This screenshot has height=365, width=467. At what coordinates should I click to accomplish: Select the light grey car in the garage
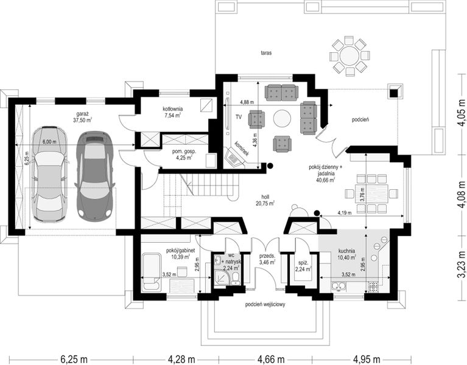point(50,175)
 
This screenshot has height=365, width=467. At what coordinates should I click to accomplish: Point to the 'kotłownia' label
point(173,109)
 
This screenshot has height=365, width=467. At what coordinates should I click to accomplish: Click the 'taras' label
point(266,54)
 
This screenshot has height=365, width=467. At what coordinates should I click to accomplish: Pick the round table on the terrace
point(349,56)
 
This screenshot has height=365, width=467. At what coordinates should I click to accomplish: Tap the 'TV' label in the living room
point(239,117)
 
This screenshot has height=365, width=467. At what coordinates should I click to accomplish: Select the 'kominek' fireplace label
point(241,148)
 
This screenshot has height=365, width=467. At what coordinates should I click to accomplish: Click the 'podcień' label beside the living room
point(360,120)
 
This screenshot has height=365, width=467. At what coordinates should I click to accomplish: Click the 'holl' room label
point(265,197)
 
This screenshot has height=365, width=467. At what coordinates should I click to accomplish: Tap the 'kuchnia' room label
point(346,251)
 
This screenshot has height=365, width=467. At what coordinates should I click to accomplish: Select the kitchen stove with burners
point(373,286)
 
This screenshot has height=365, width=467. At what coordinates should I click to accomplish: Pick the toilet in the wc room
point(236,280)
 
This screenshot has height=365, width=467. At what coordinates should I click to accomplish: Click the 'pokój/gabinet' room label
point(180,251)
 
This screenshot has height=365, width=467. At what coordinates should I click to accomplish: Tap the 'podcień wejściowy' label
point(265,305)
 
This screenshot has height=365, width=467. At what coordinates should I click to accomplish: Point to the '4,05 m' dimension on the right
point(461,113)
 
